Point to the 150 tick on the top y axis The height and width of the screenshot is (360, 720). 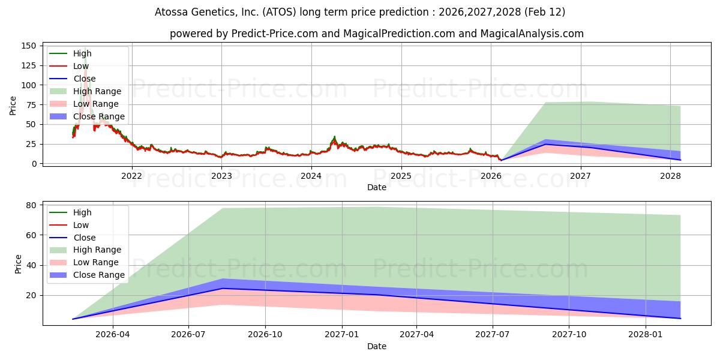pos(28,46)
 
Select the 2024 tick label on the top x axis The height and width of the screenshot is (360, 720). pos(311,175)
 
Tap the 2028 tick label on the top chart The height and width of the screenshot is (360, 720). pos(670,175)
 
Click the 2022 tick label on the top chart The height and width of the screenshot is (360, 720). pos(131,175)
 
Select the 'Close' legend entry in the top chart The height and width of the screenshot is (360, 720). pos(84,79)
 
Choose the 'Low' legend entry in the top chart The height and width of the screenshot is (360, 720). pos(81,66)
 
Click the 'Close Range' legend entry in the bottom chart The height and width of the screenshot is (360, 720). pos(98,275)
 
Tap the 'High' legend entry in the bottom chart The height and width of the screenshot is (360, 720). pos(82,212)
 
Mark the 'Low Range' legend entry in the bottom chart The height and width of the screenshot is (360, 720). pos(95,263)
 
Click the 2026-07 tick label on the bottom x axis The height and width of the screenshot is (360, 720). pos(188,334)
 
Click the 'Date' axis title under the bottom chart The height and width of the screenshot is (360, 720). pos(376,346)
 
